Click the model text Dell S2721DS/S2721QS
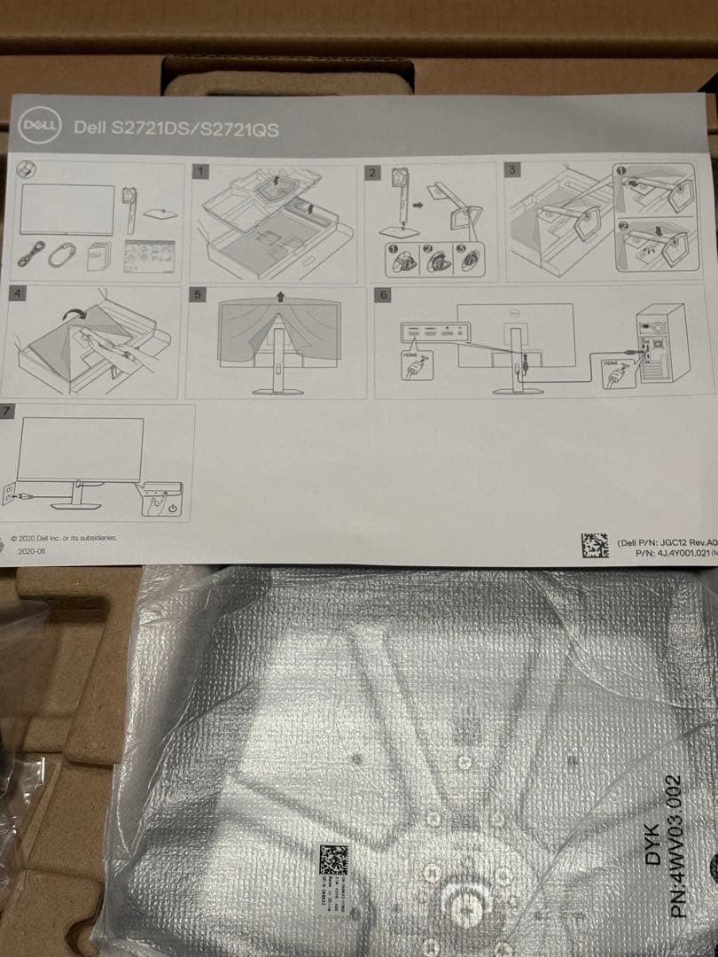click(x=176, y=128)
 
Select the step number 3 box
click(x=511, y=168)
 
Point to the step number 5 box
click(x=198, y=292)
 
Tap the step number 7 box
click(x=8, y=411)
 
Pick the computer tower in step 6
click(x=663, y=343)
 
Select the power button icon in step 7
click(x=172, y=509)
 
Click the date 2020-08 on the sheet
click(x=32, y=549)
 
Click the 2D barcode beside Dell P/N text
click(x=594, y=544)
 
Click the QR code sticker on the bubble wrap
click(x=333, y=860)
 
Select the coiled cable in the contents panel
click(x=59, y=254)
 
